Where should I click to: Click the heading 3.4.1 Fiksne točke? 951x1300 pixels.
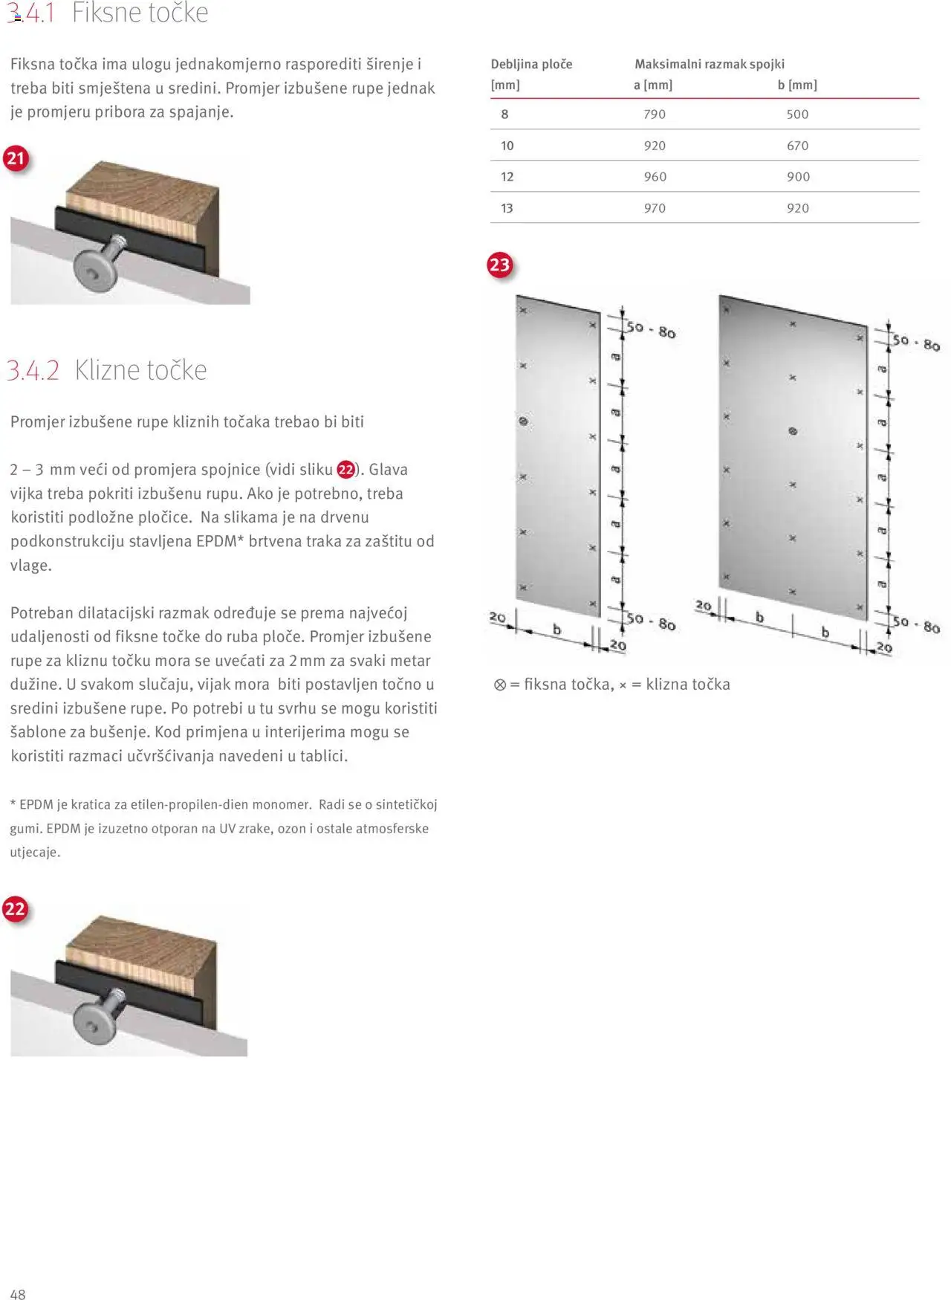(x=108, y=13)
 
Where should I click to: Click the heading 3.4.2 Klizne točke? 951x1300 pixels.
(x=107, y=369)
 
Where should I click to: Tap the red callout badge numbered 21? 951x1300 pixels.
(x=16, y=158)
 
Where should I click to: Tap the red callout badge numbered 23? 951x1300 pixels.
(x=499, y=265)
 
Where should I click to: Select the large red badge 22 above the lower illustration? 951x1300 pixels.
(x=15, y=909)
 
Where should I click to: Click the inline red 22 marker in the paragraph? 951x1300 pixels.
(x=345, y=470)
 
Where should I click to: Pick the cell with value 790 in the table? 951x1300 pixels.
(x=654, y=114)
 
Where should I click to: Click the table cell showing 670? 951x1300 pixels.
(x=797, y=146)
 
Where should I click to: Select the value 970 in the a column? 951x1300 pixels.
(x=654, y=208)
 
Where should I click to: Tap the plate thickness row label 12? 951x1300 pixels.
(x=507, y=177)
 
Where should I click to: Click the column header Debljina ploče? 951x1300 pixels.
(x=531, y=64)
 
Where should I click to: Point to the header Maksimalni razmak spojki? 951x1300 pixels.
(x=709, y=64)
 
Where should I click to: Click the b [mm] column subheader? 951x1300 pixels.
(x=796, y=85)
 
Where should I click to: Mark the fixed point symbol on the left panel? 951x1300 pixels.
(x=523, y=421)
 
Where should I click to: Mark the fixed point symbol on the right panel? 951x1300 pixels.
(x=793, y=431)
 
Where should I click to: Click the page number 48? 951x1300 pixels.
(x=18, y=1294)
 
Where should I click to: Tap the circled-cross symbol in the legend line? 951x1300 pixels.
(x=500, y=685)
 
